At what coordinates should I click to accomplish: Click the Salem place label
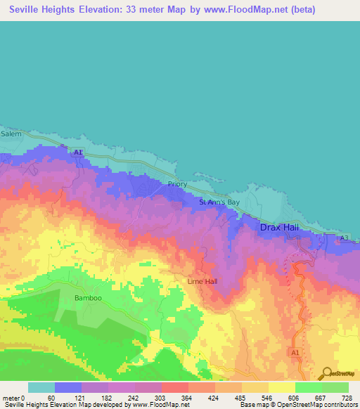11,134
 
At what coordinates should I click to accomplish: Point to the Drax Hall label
280,228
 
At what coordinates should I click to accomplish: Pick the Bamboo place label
88,298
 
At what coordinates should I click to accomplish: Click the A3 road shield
344,239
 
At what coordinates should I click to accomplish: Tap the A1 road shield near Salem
79,152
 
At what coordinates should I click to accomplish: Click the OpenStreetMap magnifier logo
328,372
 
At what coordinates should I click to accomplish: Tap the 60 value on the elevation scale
51,398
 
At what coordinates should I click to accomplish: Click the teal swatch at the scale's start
41,387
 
